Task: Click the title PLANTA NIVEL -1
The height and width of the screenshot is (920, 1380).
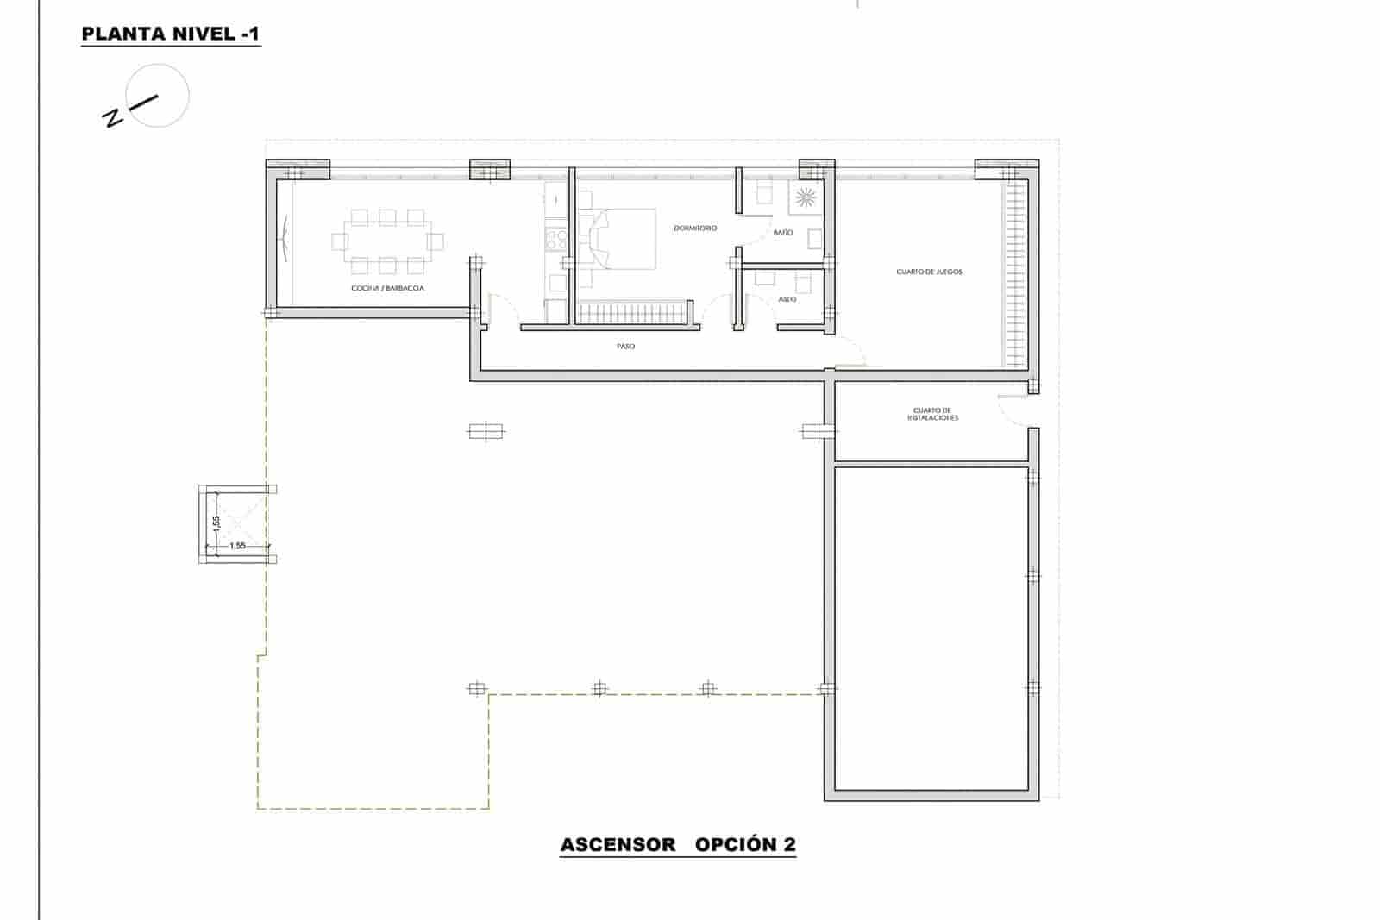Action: click(170, 34)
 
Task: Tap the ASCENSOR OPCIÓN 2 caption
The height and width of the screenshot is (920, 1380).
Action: click(678, 844)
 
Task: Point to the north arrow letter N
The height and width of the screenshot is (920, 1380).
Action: click(111, 117)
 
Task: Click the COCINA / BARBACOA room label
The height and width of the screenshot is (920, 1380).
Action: click(387, 288)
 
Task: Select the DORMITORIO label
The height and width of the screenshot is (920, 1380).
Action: click(695, 228)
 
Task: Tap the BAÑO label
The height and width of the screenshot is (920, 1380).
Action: click(783, 233)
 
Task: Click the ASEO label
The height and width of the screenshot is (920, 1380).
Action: click(787, 299)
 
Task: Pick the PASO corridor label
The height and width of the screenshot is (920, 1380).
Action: click(625, 347)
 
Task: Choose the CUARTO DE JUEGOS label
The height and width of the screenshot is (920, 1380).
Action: click(929, 272)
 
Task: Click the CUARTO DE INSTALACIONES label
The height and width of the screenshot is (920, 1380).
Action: click(931, 414)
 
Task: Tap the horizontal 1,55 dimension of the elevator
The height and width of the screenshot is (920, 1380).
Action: click(238, 546)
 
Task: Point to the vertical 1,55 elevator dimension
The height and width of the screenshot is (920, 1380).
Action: click(217, 524)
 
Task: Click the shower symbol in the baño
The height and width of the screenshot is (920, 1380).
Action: click(806, 197)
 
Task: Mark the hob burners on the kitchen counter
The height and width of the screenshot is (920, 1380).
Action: click(556, 239)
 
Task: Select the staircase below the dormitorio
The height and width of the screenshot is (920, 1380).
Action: click(631, 312)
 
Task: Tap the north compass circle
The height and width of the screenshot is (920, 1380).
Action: click(157, 96)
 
